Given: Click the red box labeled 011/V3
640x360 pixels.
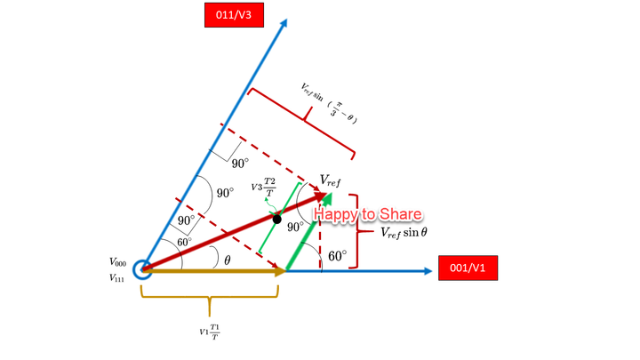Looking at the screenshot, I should point(235,15).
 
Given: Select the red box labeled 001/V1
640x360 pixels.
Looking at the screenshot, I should point(468,268).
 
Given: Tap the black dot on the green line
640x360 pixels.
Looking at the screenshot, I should point(277,219).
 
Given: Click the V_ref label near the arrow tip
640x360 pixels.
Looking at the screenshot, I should point(330,180).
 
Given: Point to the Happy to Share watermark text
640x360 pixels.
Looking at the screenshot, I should point(368,214).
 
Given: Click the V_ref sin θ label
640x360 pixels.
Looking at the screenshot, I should point(404,232).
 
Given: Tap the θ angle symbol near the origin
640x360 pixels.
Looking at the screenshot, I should point(227,260).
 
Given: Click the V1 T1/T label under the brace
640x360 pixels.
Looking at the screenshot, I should point(209,332).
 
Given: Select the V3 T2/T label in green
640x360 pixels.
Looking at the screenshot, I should point(264,187).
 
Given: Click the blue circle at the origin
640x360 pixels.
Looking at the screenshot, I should point(142,268).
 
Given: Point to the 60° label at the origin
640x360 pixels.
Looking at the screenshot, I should point(184,242).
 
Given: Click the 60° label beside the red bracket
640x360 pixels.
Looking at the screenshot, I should point(338,256).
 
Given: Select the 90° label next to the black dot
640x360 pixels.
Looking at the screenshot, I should point(296,227).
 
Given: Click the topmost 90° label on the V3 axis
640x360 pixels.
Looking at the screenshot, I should point(240,163).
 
